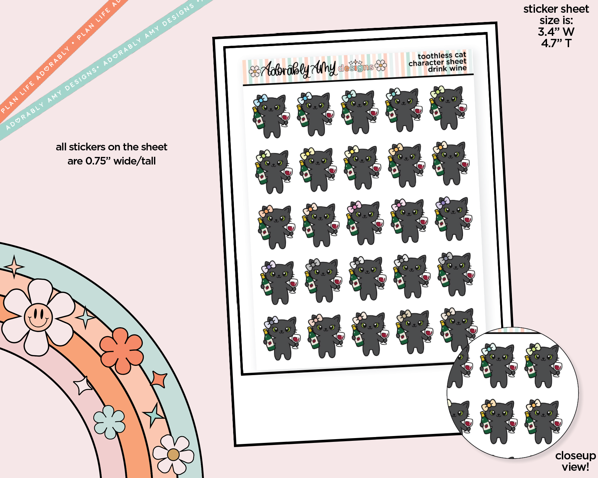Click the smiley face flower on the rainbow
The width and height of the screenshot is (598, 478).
click(x=38, y=317)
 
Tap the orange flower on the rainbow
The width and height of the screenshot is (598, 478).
click(x=121, y=350)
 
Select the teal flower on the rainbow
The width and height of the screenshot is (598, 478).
click(x=109, y=422)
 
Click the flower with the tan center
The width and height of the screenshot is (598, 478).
click(x=173, y=454)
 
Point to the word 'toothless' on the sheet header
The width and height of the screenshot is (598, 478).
click(x=435, y=56)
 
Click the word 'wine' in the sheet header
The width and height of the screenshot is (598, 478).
click(x=458, y=68)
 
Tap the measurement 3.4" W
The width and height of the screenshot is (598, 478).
click(x=556, y=32)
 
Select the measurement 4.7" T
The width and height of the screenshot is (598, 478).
click(x=556, y=43)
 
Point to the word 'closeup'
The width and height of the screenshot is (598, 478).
click(x=575, y=456)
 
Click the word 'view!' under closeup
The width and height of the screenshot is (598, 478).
click(x=575, y=467)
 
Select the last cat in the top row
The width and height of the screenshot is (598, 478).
click(x=448, y=108)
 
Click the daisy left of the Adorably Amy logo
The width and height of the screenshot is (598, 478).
click(x=255, y=71)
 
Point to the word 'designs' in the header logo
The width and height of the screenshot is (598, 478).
click(x=355, y=67)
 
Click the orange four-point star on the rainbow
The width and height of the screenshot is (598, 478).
click(x=159, y=380)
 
